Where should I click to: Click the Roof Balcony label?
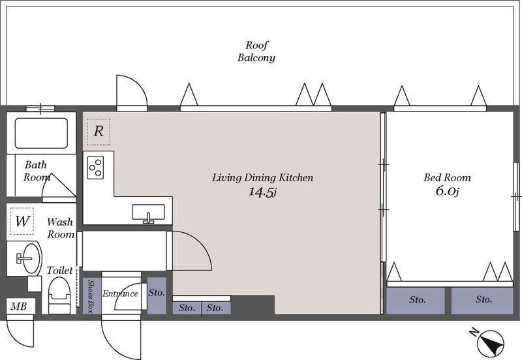coord(256,52)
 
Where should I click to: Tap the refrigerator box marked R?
coord(99,132)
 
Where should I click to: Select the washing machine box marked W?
coord(22,221)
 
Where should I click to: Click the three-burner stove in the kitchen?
coord(95,168)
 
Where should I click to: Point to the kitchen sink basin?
coord(149,212)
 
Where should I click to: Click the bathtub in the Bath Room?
coord(41,133)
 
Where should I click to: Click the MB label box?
coord(19,306)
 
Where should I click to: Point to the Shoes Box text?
coord(90,296)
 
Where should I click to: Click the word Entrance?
coord(120,293)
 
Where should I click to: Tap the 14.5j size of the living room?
coord(263,192)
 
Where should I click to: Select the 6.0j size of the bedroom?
coord(448,191)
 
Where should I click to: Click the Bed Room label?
coord(447,177)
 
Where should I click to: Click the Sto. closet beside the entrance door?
coord(157,295)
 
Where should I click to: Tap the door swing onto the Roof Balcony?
coord(132,93)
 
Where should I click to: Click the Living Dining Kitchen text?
coord(263,177)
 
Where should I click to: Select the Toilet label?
coord(59,270)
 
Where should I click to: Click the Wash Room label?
coord(61,228)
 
